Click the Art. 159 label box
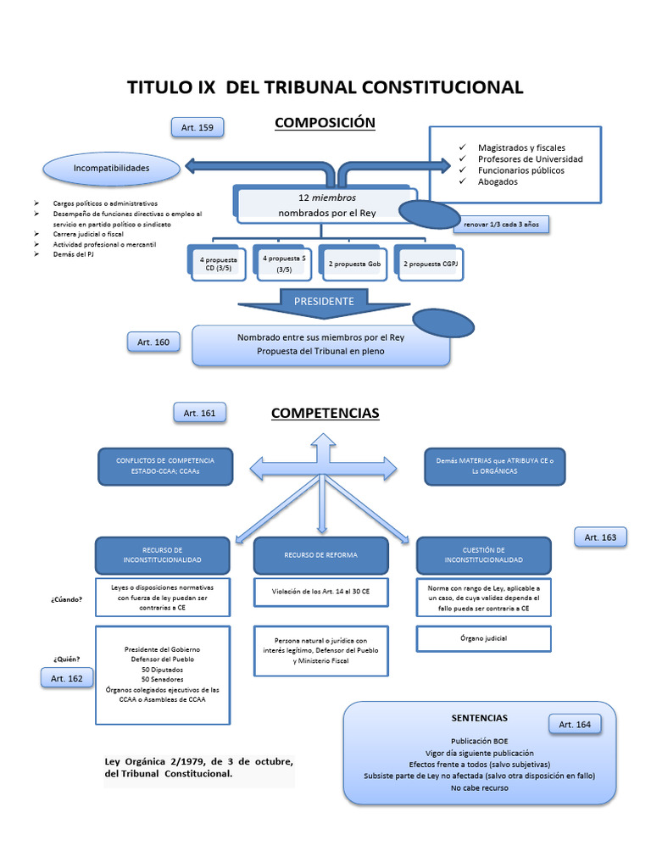[198, 128]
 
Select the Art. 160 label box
[153, 342]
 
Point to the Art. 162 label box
[68, 678]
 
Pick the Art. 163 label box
[601, 537]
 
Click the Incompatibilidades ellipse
[111, 169]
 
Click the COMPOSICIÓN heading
[325, 123]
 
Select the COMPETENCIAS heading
[325, 414]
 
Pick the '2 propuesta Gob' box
[356, 264]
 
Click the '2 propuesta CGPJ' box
[428, 264]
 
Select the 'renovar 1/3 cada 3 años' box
[502, 225]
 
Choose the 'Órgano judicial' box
[484, 638]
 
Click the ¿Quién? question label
[67, 659]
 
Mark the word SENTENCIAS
[480, 718]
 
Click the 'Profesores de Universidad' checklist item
[530, 159]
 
